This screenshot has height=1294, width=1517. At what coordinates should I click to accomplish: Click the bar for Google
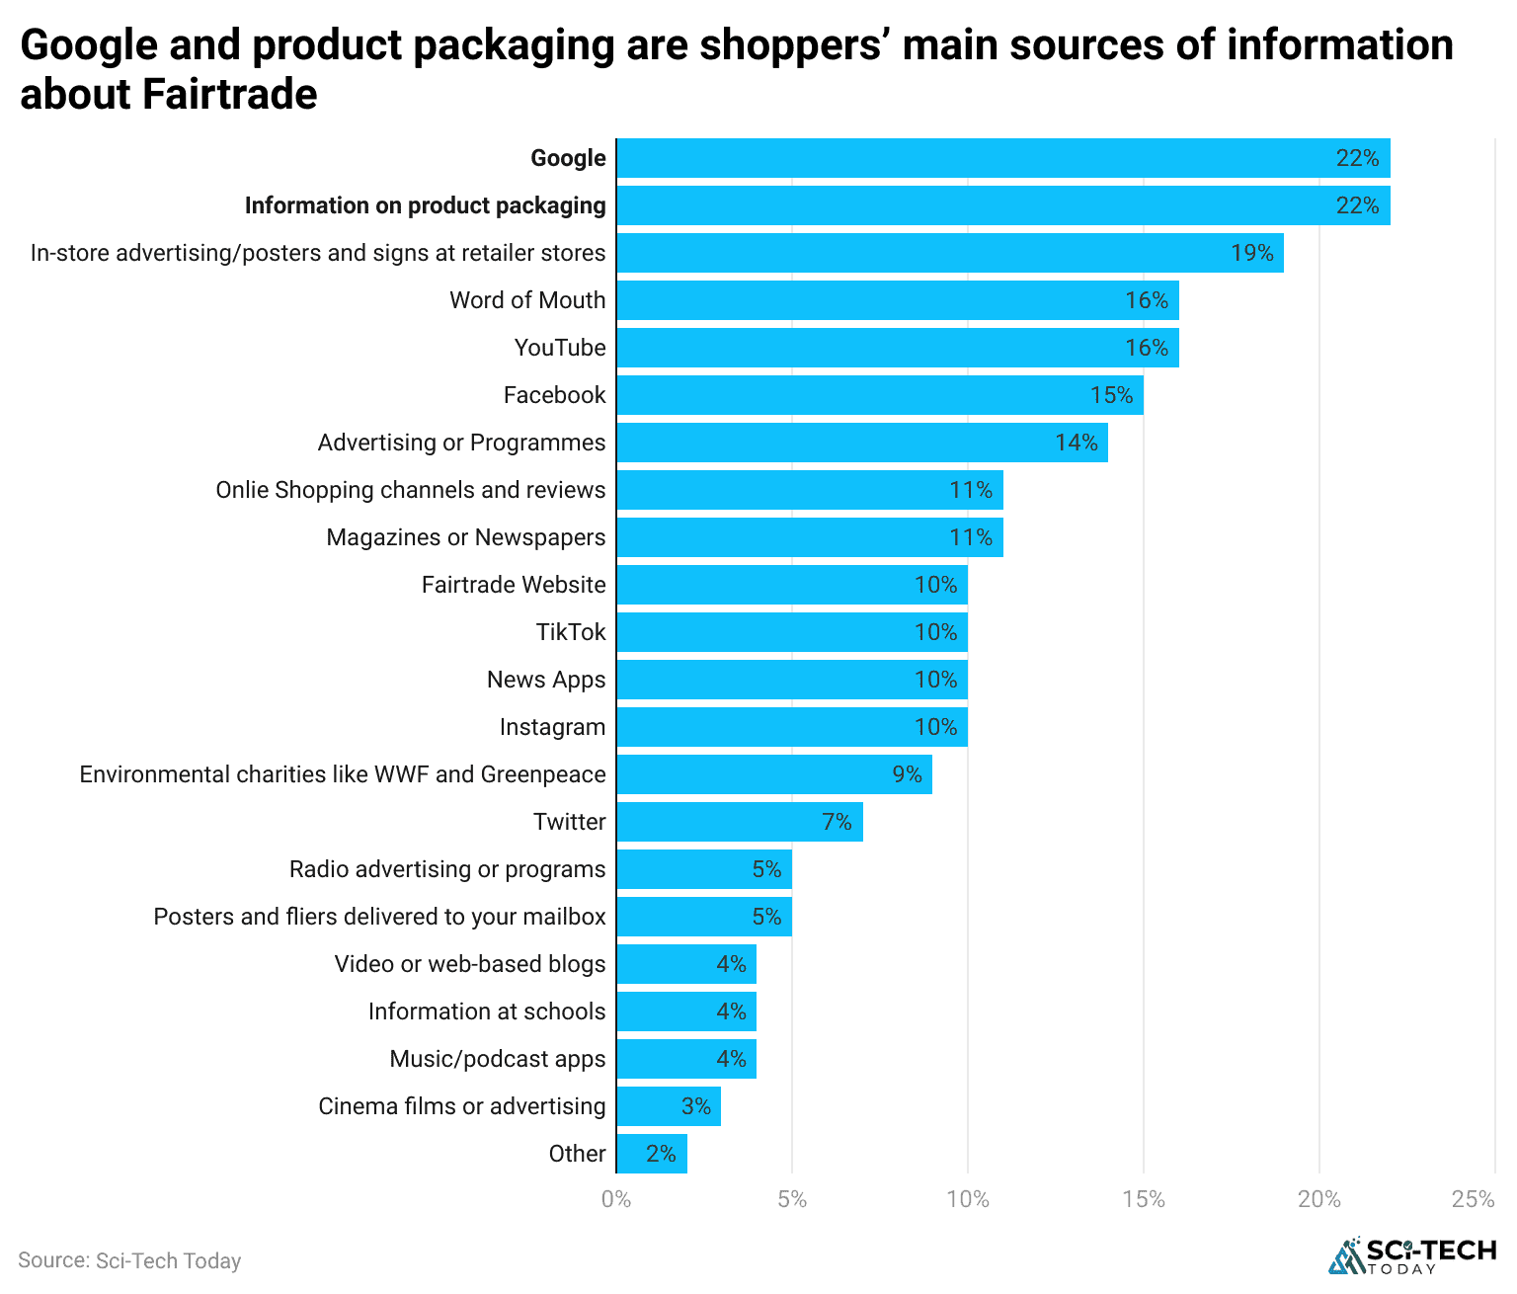(x=1002, y=158)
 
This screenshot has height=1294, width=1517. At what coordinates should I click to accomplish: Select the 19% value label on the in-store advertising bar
(x=1251, y=253)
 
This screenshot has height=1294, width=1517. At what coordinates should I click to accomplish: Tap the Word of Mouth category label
(x=527, y=300)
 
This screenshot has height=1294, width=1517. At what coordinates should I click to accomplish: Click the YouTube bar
(x=897, y=348)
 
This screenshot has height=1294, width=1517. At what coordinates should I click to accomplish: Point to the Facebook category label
(x=554, y=395)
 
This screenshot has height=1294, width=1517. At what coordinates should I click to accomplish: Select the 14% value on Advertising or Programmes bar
(x=1076, y=443)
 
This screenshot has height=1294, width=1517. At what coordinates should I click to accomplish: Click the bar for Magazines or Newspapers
(x=810, y=537)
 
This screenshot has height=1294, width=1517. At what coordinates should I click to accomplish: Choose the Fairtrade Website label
(x=514, y=585)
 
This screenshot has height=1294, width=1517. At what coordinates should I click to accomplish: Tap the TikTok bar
(x=792, y=632)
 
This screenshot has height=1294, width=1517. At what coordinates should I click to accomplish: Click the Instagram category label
(x=552, y=727)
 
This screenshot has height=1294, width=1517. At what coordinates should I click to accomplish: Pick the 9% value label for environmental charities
(x=907, y=774)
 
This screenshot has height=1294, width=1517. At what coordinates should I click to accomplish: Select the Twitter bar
(x=740, y=822)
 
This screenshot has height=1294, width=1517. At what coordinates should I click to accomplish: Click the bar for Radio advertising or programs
(x=704, y=869)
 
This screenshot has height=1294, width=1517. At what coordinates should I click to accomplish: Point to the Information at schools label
(x=487, y=1011)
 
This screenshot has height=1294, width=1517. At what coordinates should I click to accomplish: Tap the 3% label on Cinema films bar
(x=696, y=1106)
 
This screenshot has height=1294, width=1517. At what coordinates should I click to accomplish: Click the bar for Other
(x=652, y=1154)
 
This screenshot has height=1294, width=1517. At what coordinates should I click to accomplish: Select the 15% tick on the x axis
(x=1143, y=1199)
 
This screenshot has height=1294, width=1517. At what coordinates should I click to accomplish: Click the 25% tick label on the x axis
(x=1473, y=1199)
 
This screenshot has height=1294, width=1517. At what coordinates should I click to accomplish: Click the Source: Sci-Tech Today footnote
(x=129, y=1260)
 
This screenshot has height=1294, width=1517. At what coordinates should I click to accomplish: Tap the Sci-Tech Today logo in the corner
(x=1412, y=1255)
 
